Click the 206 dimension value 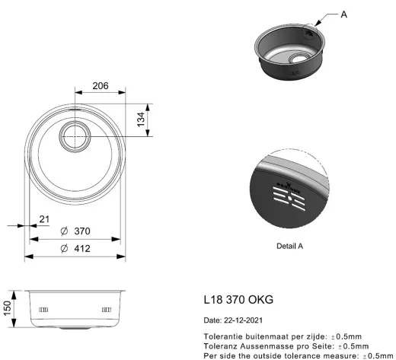[101, 86]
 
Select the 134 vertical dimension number [141, 119]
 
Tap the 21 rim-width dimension [44, 219]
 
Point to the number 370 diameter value [82, 231]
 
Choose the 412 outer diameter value [82, 248]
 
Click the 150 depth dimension [8, 308]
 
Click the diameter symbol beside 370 [65, 231]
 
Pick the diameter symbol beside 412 [65, 248]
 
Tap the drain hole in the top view [75, 136]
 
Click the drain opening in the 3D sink [299, 58]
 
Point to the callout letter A [343, 14]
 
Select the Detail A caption [289, 246]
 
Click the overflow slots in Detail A [289, 199]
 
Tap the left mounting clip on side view [43, 310]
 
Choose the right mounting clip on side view [107, 310]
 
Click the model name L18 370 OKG [238, 300]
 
